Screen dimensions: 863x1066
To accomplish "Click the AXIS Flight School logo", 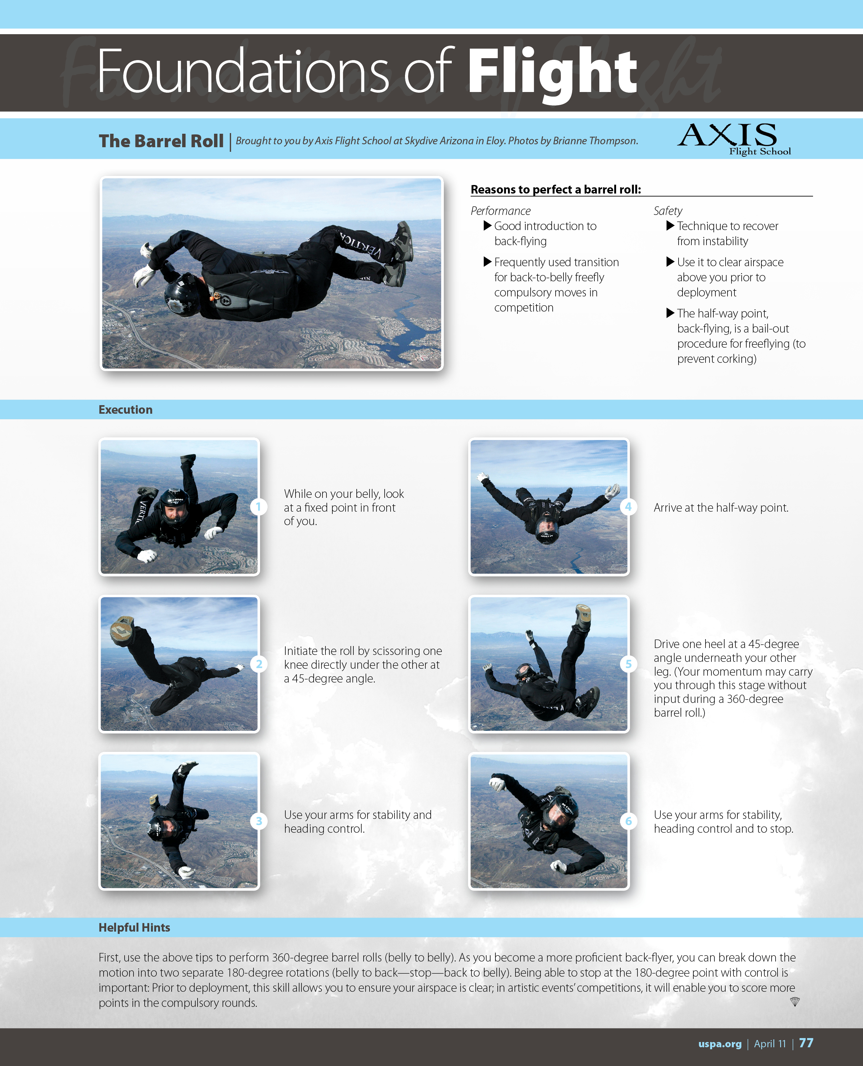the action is coord(734,139).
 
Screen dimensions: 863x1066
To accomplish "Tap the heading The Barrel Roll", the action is coord(161,141).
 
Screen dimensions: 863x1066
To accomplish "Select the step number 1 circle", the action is coord(258,507).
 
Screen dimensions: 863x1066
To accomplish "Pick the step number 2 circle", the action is coord(258,664).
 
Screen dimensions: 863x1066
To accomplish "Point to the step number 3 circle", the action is coord(258,821).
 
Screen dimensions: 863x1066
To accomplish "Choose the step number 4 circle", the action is coord(628,507).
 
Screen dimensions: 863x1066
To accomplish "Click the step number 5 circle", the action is coord(628,664).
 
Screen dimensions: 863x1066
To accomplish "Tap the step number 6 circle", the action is coord(628,821).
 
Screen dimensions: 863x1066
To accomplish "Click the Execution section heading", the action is coord(125,409).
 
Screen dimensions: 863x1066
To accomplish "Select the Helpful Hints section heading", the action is coord(134,927).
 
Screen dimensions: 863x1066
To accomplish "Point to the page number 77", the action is coord(806,1043).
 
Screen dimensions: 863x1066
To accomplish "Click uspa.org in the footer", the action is coord(720,1044).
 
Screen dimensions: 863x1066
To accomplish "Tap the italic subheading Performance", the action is coord(501,211).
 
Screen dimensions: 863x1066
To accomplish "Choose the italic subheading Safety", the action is coord(668,211).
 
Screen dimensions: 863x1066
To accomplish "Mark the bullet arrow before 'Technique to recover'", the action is coord(670,226).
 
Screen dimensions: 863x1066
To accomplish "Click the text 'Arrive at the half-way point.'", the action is coord(721,507).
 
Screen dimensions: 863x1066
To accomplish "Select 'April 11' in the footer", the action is coord(770,1044).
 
